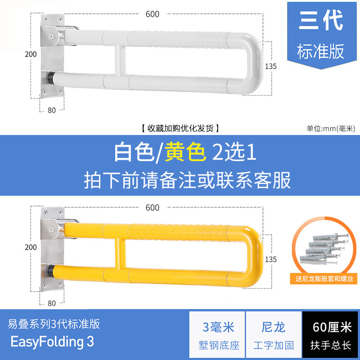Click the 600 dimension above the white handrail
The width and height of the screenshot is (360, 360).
coord(152,14)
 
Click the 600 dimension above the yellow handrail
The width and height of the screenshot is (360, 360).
coord(152,207)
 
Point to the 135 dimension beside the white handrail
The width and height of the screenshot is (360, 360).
coord(271,66)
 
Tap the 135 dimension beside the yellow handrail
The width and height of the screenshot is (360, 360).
coord(271,260)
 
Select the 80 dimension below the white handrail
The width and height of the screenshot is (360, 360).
coord(52,110)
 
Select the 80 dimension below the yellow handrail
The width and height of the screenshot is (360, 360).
coord(52,303)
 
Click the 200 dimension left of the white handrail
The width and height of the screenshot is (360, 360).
coord(31,54)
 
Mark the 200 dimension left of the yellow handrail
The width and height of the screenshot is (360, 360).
coord(31,247)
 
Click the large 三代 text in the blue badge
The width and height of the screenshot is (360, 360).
coord(321,20)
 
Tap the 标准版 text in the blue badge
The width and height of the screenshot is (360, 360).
coord(320,51)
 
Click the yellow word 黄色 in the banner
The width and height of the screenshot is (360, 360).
coord(185,152)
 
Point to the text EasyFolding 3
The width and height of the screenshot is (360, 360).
coord(52,342)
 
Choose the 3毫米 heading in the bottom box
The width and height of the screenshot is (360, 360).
coord(218,327)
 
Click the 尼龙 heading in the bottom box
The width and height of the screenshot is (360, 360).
coord(273,327)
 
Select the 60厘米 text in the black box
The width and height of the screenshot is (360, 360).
coord(332,327)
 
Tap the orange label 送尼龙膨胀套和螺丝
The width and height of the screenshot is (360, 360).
coord(324,279)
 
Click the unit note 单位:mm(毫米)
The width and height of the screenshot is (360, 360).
coord(331,129)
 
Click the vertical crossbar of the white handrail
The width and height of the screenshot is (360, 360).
coord(120,60)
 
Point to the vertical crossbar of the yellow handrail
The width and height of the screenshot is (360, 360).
coord(120,253)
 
